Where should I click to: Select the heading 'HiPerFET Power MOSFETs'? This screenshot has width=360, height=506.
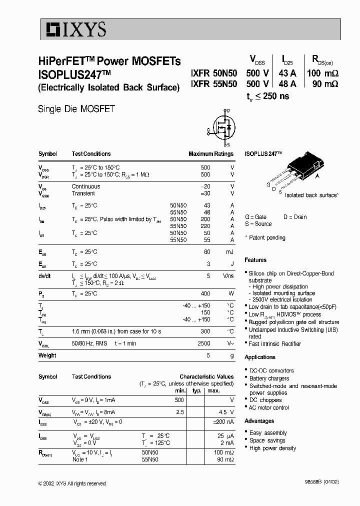[x=109, y=61]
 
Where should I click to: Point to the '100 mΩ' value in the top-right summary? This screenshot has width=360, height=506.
[x=322, y=72]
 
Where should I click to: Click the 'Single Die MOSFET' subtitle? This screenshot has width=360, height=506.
[x=76, y=108]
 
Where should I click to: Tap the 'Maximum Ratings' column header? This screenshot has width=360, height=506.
[x=210, y=154]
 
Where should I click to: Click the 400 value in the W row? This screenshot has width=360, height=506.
[x=205, y=293]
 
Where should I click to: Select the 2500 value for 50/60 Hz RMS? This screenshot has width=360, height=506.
[x=203, y=343]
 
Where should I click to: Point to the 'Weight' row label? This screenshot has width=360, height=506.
[x=47, y=355]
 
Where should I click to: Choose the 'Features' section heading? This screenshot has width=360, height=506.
[x=255, y=260]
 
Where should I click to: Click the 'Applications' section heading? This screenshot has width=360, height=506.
[x=260, y=357]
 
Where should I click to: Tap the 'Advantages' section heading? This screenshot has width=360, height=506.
[x=259, y=421]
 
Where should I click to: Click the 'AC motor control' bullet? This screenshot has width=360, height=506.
[x=269, y=407]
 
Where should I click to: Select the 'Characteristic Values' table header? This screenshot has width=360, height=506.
[x=206, y=376]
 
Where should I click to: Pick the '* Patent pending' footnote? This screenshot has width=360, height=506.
[x=265, y=237]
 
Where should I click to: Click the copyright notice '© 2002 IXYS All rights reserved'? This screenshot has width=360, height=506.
[x=72, y=483]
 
